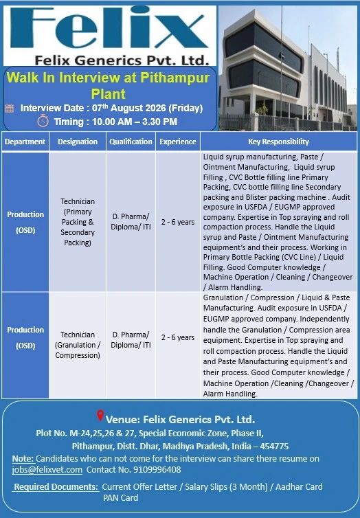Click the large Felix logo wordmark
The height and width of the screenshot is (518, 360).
coord(109,29)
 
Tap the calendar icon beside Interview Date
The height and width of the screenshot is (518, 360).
coord(10,109)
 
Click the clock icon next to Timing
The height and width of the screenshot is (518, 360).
coord(43,121)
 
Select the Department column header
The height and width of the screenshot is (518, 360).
coord(25,142)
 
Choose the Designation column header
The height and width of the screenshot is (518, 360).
coord(78,142)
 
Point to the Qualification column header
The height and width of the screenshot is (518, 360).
coord(131,142)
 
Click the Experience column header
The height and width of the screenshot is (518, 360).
coord(178,142)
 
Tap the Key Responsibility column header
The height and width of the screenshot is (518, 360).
coord(278,142)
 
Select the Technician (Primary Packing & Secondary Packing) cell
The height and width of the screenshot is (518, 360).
coord(78,222)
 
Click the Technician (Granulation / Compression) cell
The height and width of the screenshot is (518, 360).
coord(78,345)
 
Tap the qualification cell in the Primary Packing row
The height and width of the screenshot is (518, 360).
coord(131,222)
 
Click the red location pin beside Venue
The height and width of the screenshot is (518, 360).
coord(100,416)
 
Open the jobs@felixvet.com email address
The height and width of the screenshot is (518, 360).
coord(47,470)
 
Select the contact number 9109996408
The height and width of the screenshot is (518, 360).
coord(157,470)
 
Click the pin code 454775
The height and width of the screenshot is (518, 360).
coord(274,447)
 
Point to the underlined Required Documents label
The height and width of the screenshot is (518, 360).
coord(56,487)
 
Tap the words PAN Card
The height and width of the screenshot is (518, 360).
coord(120,498)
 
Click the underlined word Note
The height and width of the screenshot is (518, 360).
coord(23,458)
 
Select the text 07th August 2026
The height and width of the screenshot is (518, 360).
coord(129,108)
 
